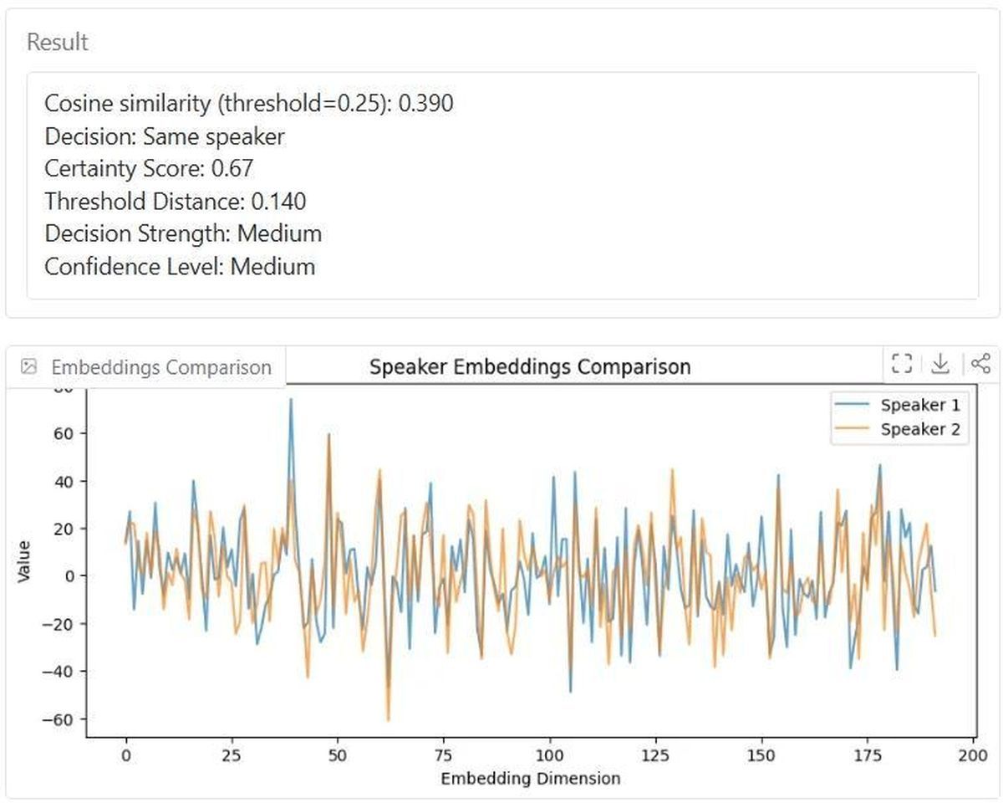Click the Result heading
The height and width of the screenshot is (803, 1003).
coord(58,43)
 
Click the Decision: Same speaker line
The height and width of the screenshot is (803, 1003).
coord(165,136)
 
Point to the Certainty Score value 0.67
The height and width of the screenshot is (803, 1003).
coord(232,169)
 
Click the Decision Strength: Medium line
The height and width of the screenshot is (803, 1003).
coord(183,233)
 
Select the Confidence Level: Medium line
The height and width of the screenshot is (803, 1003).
coord(180,267)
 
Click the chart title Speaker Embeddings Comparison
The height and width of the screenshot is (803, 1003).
coord(530,366)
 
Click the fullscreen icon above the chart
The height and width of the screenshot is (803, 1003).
coord(901,363)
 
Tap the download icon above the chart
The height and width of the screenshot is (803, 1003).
coord(940,363)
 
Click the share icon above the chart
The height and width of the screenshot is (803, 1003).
coord(980,363)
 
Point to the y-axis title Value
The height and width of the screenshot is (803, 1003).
coord(24,561)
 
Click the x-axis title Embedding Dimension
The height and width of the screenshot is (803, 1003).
coord(530,779)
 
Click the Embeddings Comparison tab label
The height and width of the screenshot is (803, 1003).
coord(160,367)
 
